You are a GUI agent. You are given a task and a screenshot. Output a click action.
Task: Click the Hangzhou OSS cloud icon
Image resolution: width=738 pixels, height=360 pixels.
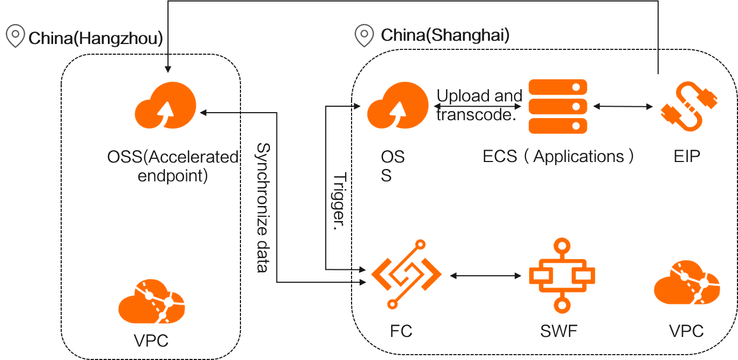click(165, 106)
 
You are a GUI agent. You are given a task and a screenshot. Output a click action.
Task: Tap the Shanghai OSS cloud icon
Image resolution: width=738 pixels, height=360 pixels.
click(397, 106)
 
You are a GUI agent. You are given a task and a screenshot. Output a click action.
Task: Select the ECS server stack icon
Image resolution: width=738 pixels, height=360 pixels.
click(558, 106)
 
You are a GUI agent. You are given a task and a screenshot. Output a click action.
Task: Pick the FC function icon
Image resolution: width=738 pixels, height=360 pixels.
click(406, 275)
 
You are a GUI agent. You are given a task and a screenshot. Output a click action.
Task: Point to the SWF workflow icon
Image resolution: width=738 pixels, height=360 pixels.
click(561, 275)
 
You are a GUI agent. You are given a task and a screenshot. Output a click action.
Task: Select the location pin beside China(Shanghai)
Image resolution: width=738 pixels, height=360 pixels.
click(364, 35)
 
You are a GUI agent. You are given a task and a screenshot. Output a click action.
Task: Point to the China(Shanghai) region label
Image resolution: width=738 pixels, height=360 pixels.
click(445, 36)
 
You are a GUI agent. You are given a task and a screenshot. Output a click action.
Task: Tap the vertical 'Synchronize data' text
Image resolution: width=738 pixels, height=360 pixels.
click(262, 207)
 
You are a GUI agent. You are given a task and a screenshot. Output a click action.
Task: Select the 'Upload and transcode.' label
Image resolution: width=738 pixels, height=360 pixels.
click(479, 105)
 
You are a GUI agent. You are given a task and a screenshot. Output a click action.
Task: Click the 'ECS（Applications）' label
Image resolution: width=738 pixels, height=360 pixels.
click(558, 156)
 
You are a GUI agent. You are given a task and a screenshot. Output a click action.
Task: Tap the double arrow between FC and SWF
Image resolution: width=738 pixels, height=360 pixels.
click(486, 275)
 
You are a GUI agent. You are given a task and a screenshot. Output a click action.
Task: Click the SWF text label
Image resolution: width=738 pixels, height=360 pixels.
click(559, 331)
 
